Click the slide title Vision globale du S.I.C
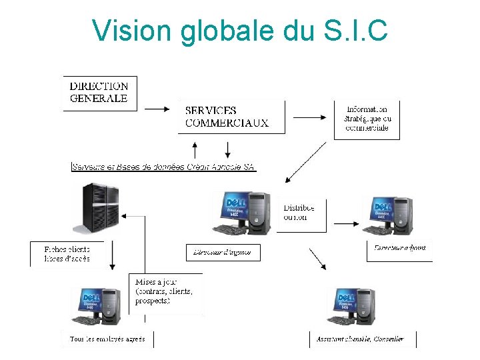239,30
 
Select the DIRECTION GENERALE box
99,93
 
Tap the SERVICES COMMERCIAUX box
227,117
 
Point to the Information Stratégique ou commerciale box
367,119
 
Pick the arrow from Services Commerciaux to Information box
309,117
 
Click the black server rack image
97,208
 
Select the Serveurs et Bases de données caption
163,167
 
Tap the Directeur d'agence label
223,252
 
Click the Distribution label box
299,213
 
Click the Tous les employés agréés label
107,339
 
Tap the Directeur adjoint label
400,248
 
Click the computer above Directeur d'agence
242,213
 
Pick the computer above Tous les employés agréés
101,307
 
